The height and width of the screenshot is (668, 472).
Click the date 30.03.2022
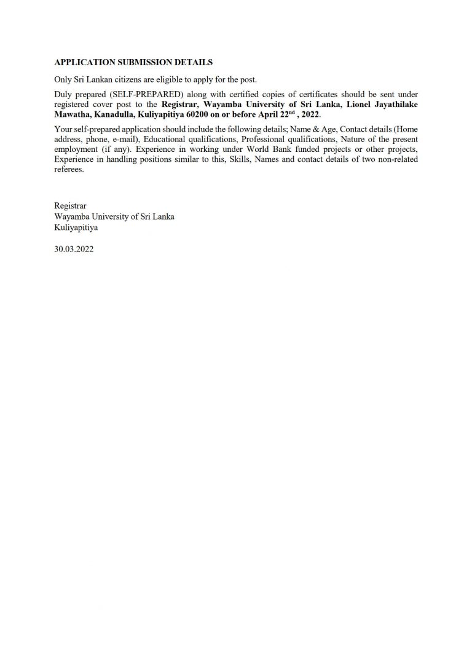tap(74, 250)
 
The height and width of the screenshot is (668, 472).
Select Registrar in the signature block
tap(70, 207)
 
